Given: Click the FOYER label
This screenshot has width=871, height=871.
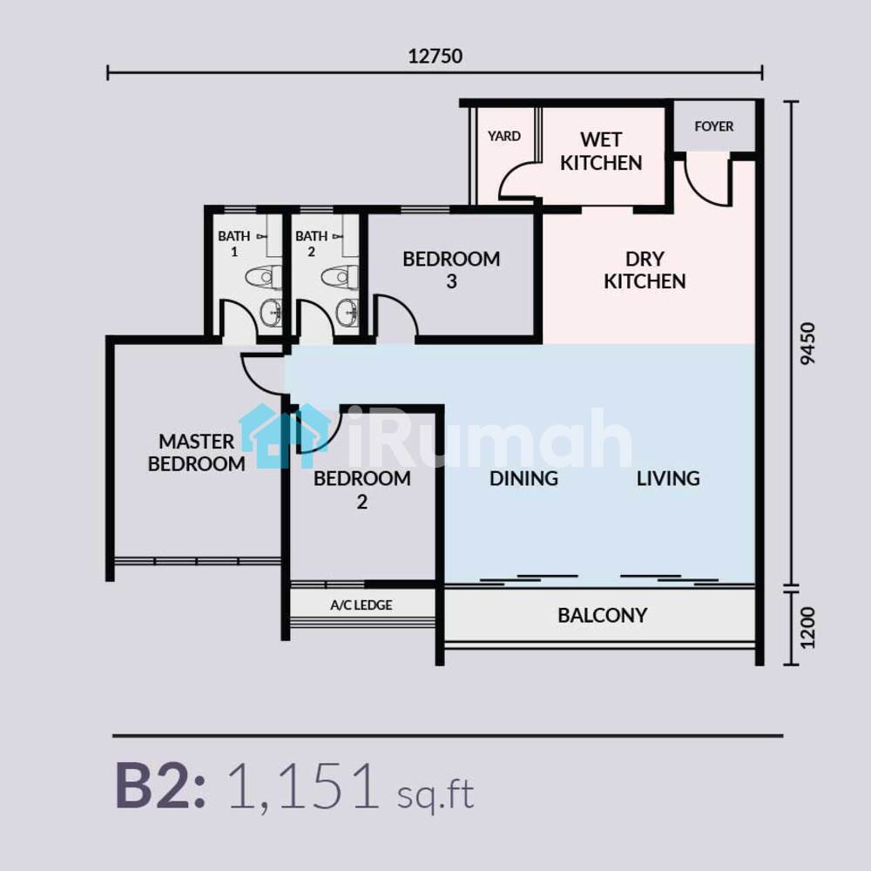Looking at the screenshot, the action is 714,126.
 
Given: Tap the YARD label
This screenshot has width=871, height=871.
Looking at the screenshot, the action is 503,136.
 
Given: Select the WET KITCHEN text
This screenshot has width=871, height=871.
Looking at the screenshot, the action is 601,151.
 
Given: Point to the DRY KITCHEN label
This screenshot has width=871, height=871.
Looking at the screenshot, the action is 645,270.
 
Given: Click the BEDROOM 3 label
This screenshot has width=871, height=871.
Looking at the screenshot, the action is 451,270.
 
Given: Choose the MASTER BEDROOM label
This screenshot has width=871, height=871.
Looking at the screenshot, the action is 197,452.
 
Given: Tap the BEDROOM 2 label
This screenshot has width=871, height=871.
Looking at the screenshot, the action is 362,490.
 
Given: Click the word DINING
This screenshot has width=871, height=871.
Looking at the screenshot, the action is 523,478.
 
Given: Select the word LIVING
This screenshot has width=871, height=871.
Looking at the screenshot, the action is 668,478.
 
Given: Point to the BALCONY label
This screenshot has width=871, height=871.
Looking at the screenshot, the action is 602,616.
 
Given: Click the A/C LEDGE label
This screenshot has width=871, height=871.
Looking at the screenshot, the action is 361,605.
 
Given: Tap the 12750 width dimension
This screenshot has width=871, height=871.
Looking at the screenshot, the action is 435,56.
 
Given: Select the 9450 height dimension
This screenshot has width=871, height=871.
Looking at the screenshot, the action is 808,343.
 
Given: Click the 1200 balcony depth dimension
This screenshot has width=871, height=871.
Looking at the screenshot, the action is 808,628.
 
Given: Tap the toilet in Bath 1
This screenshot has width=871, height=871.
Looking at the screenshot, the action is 264,277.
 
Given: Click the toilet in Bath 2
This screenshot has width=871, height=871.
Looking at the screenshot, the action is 340,277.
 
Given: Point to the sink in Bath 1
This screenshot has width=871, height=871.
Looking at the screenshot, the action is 271,312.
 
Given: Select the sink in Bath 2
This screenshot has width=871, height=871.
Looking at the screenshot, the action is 348,312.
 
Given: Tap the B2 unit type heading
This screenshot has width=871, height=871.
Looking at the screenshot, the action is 160,786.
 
